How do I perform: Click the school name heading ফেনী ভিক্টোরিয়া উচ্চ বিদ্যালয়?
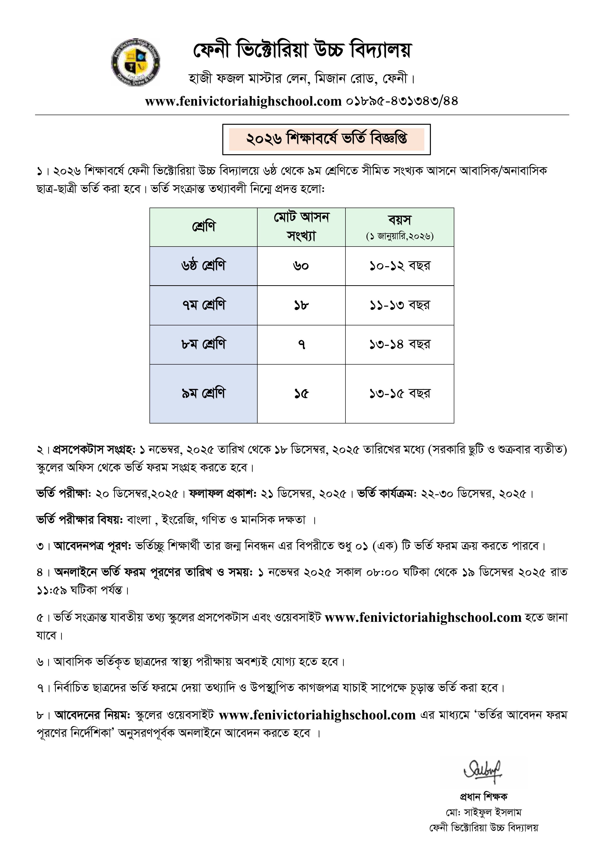302,51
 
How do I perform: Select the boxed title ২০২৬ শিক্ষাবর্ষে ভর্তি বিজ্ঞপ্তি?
326,139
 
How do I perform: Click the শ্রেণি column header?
204,227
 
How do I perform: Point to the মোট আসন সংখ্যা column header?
301,227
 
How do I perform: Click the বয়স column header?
400,227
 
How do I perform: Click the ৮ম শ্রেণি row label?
204,344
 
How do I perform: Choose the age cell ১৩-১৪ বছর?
400,344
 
